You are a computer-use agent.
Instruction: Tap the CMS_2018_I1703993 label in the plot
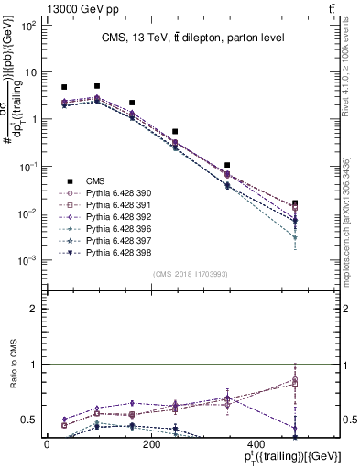[191, 273]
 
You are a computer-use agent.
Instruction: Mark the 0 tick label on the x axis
[47, 443]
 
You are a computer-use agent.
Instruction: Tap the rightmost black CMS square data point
[295, 205]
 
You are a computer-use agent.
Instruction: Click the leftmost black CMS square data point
[64, 87]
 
